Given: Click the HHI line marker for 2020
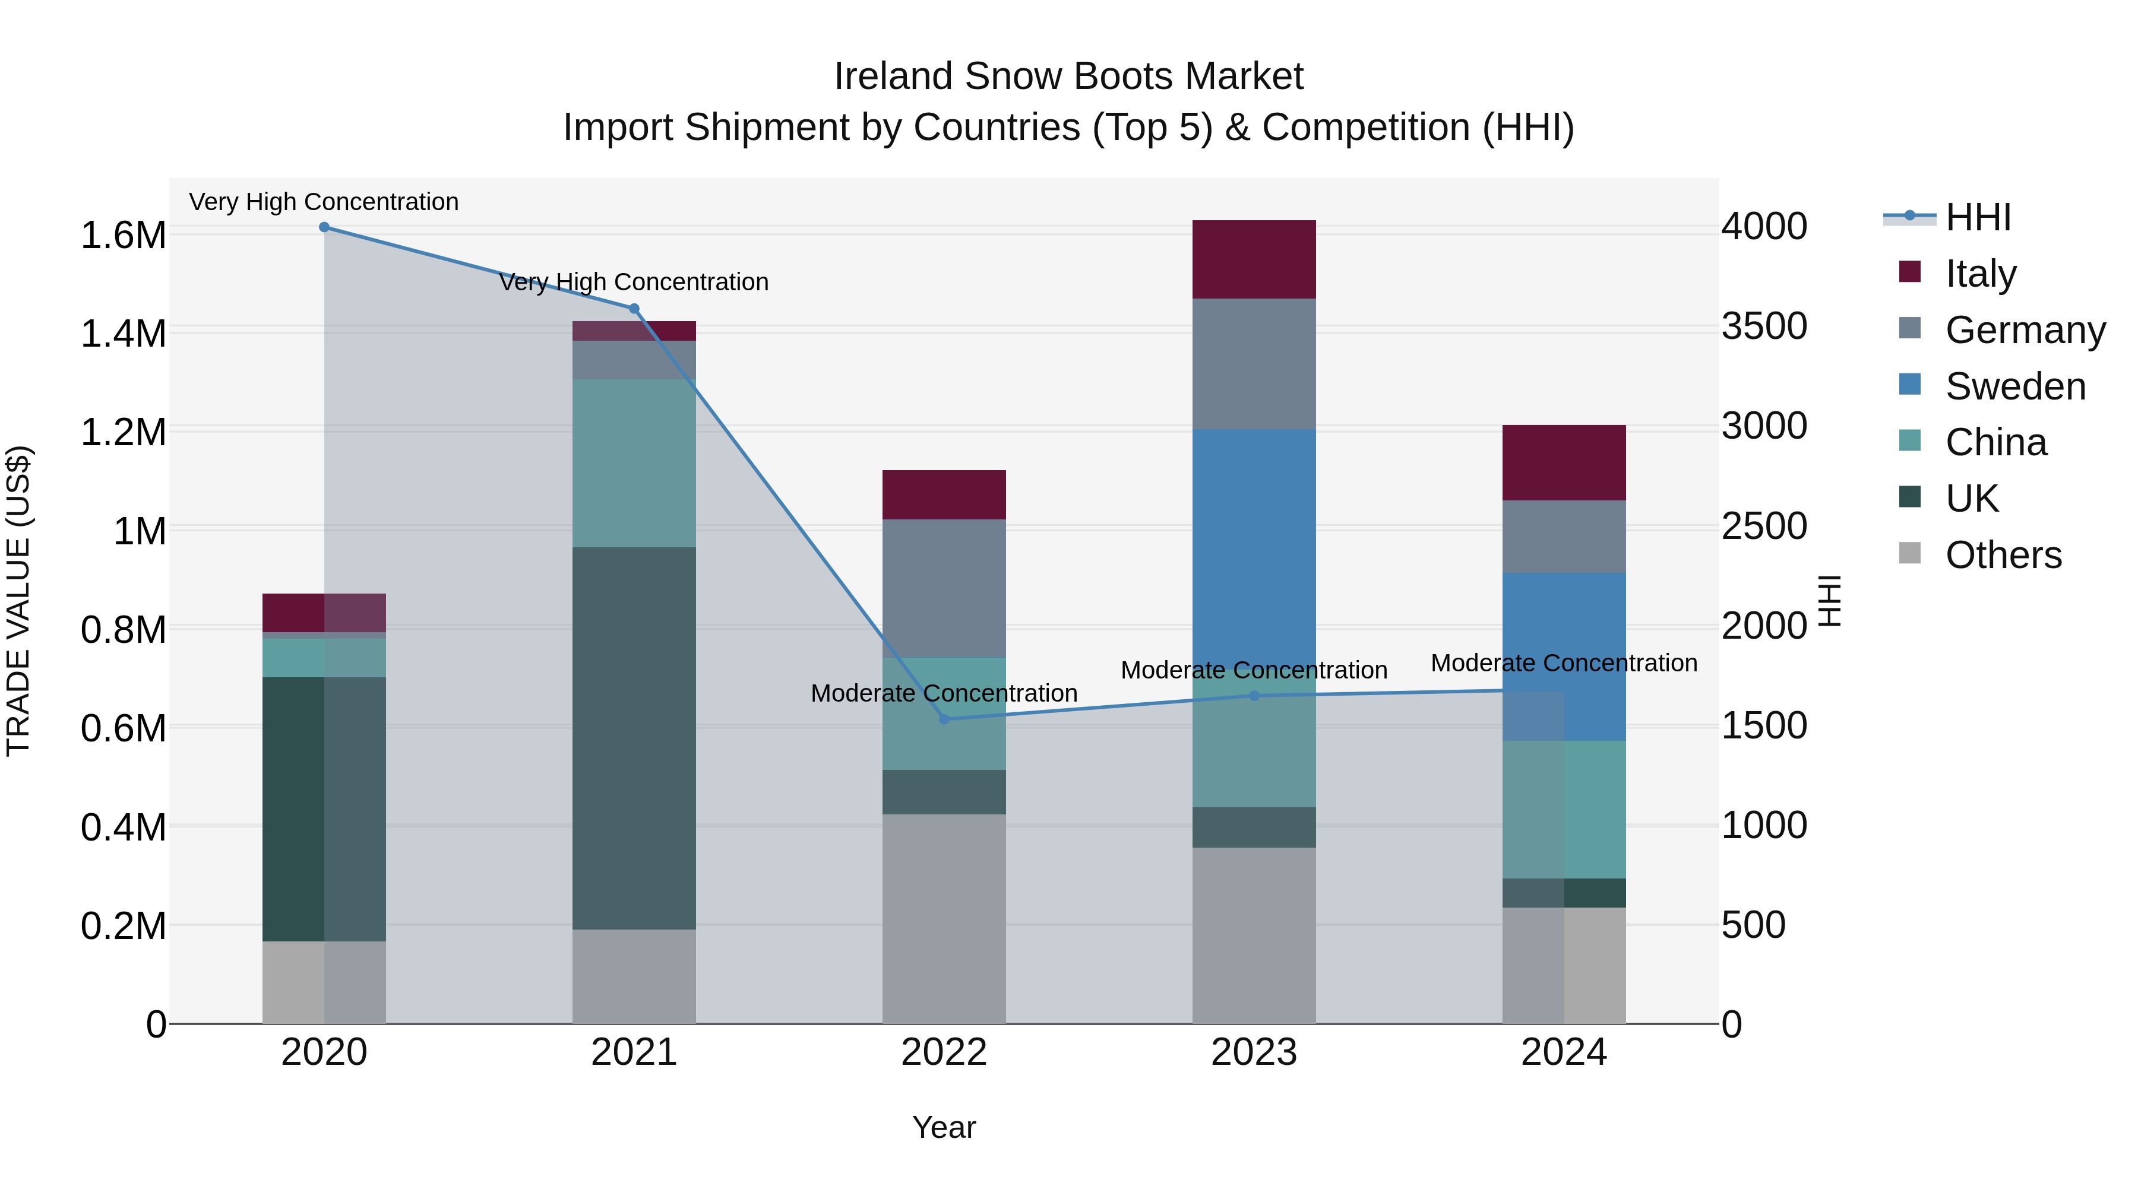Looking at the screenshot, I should click(x=324, y=227).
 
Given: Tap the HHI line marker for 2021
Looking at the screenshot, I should click(x=634, y=309).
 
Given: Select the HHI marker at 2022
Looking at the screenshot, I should click(x=944, y=719).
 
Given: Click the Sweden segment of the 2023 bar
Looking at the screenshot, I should click(x=1254, y=539).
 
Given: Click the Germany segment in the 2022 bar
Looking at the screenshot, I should click(x=944, y=588).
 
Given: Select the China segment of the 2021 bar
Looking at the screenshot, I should click(x=634, y=463).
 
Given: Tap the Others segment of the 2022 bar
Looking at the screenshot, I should click(x=944, y=918).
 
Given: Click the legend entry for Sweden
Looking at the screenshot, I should click(x=2014, y=386).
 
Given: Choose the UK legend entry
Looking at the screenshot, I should click(x=1971, y=499).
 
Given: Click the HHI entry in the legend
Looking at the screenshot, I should click(x=1977, y=217).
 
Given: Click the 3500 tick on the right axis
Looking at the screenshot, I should click(x=1764, y=326).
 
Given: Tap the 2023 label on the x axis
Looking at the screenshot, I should click(x=1254, y=1052).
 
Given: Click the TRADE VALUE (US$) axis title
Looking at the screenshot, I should click(x=19, y=601).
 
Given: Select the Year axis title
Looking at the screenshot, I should click(x=944, y=1127).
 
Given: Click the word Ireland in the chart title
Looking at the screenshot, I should click(x=893, y=77).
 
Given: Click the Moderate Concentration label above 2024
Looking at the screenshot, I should click(x=1564, y=664).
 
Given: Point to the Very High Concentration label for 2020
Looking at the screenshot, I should click(x=324, y=202).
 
